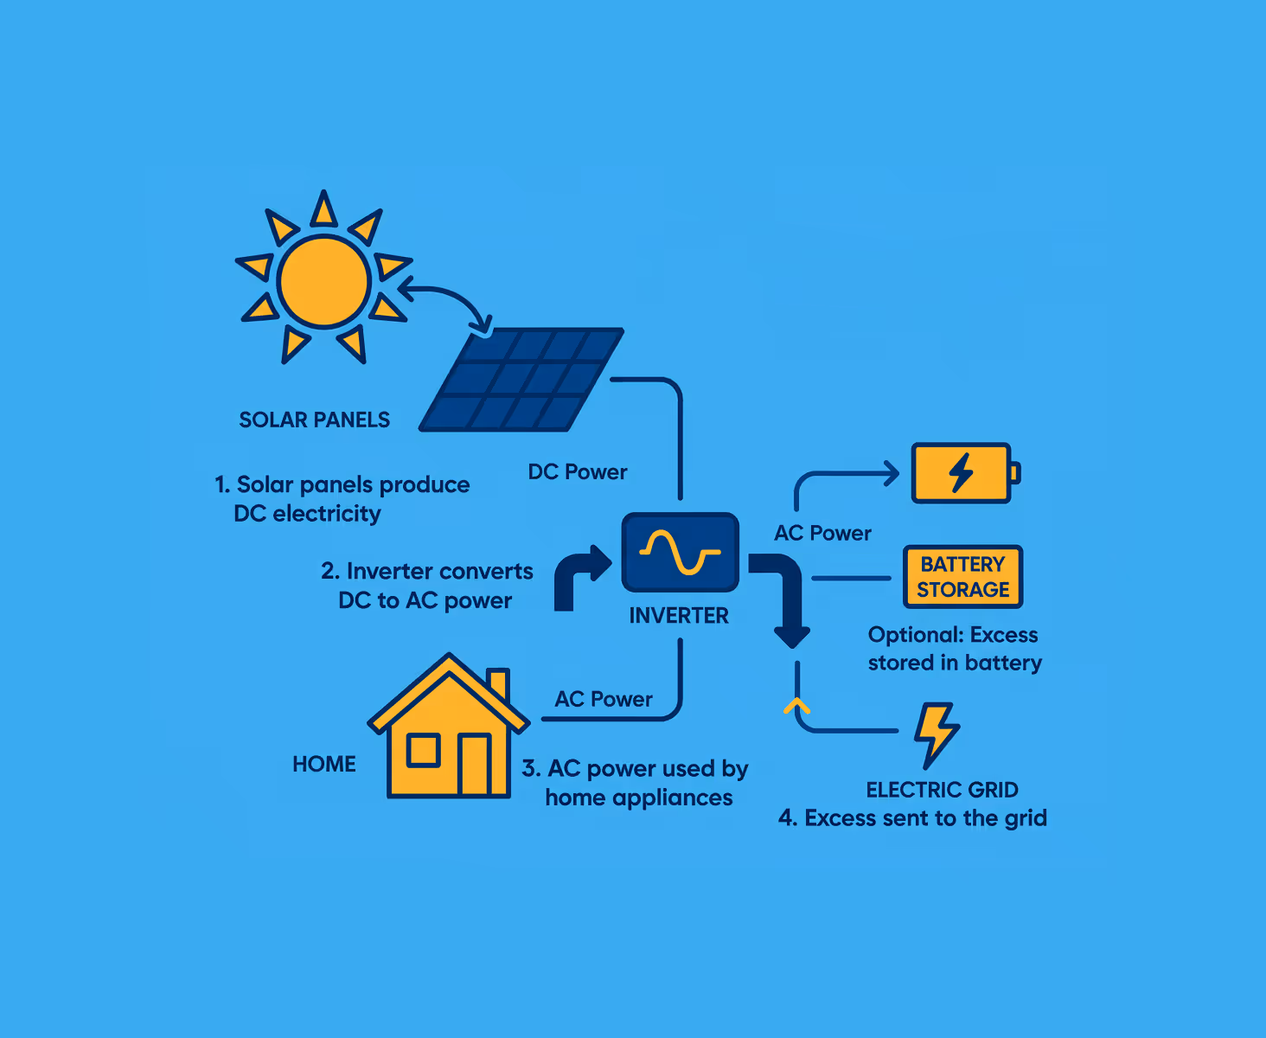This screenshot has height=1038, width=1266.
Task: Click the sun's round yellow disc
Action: pos(324,282)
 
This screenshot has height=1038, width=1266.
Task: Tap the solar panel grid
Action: pos(522,379)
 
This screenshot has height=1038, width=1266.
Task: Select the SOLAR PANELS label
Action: pos(314,420)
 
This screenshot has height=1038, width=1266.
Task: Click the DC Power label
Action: pos(578,471)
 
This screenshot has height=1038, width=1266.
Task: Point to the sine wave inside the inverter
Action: pos(681,553)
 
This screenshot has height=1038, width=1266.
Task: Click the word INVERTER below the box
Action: pos(679,615)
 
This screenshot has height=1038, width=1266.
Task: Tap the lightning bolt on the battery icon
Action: pos(961,472)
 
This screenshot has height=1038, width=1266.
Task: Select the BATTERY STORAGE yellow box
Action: pos(962,577)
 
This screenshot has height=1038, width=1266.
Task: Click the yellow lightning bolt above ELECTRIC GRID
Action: pos(936,734)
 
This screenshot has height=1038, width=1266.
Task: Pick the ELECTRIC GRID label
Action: pos(942,790)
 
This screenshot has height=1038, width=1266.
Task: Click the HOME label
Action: pos(324,764)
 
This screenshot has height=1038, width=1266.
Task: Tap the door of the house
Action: pos(474,764)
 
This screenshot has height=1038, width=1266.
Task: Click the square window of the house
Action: pos(424,750)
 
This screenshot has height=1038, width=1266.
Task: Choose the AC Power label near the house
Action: pos(604,699)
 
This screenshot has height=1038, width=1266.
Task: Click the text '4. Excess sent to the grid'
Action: pos(912,817)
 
